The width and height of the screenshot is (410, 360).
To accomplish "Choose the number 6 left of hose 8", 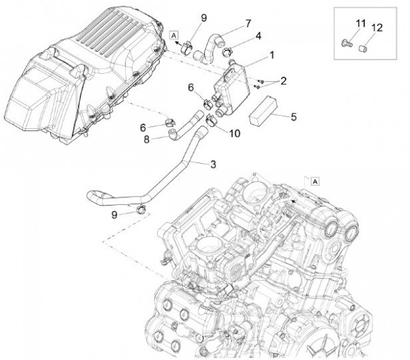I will point(143,127).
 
